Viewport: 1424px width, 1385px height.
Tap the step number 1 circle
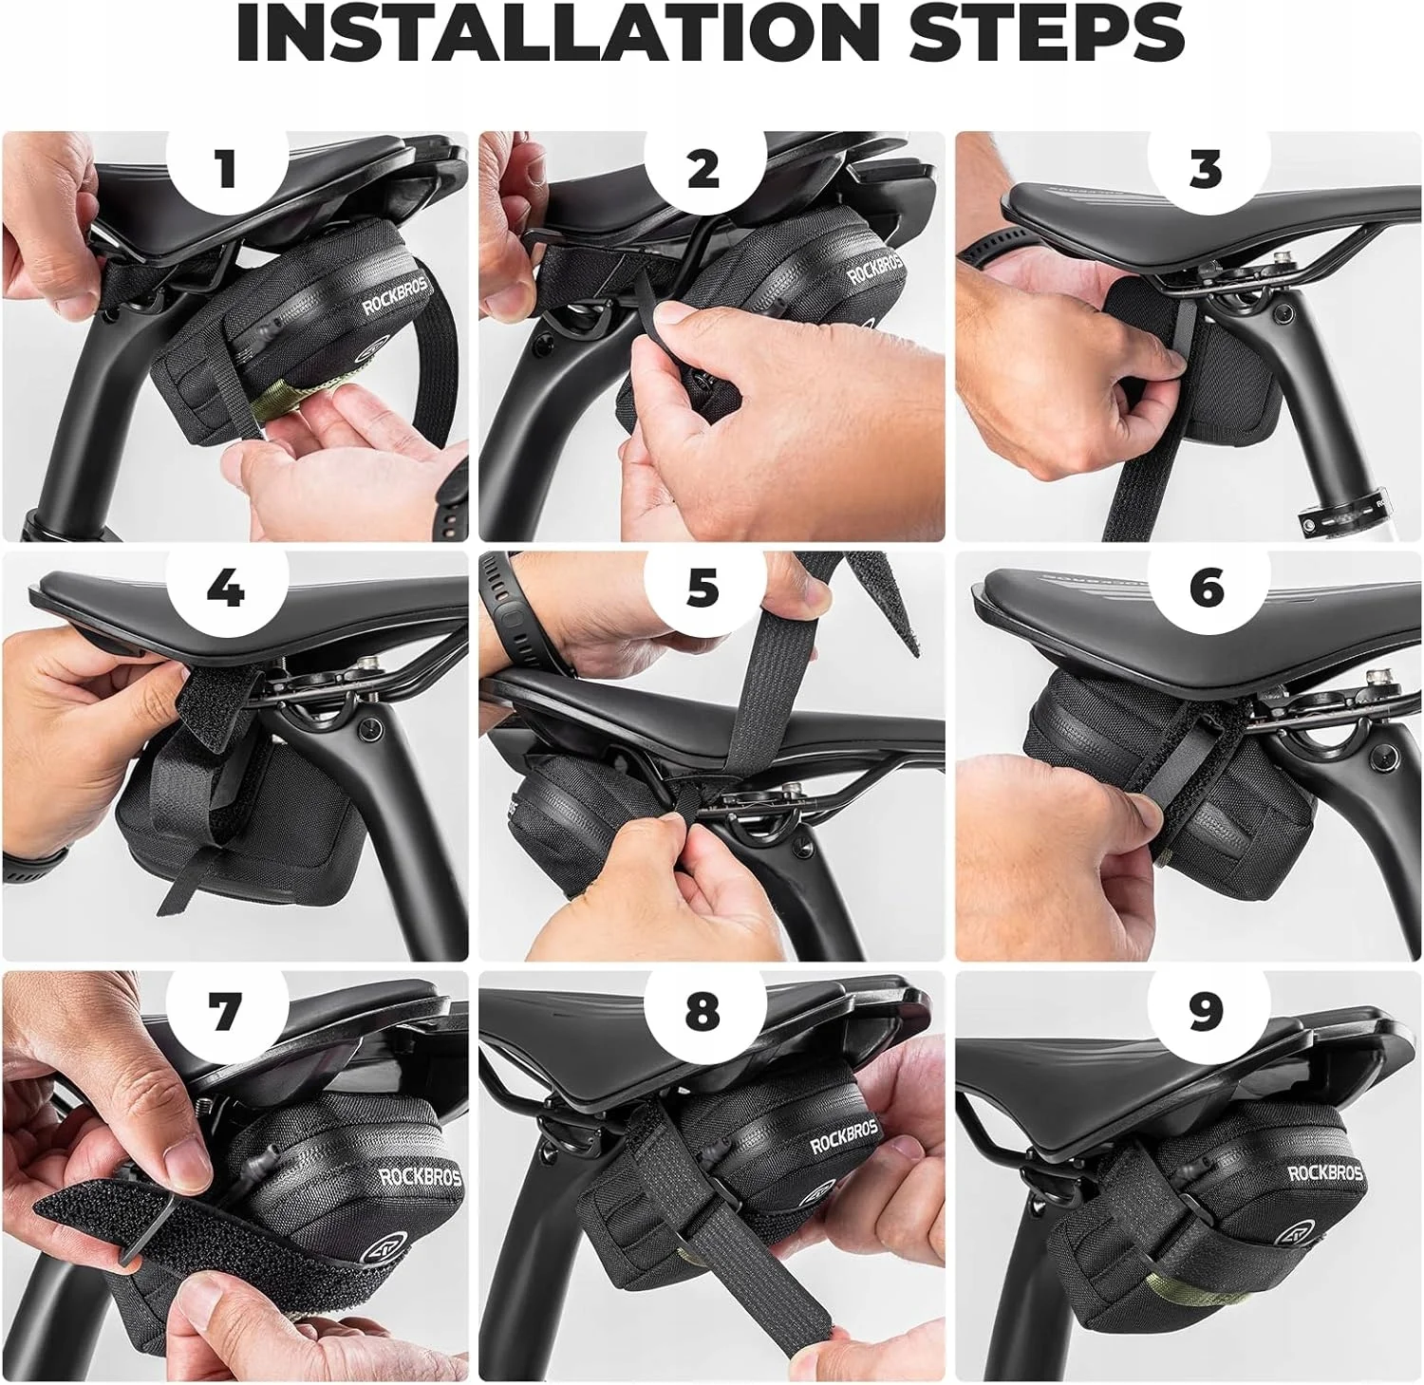pyautogui.click(x=226, y=169)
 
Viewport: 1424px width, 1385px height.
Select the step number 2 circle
pyautogui.click(x=703, y=169)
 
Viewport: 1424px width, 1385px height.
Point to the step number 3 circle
pyautogui.click(x=1206, y=169)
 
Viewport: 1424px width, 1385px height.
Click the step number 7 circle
pyautogui.click(x=226, y=1011)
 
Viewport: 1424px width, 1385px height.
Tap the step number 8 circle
pyautogui.click(x=703, y=1011)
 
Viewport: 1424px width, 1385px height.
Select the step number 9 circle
pyautogui.click(x=1206, y=1011)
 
